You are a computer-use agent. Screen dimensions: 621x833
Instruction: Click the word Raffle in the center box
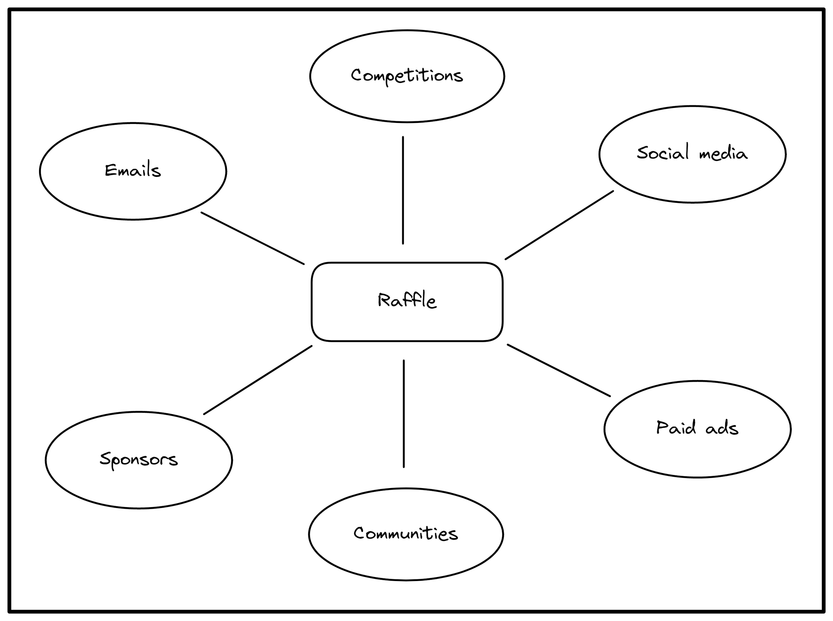[407, 301]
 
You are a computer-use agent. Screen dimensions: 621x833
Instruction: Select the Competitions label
[407, 76]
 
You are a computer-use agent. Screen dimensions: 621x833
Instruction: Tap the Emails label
[133, 170]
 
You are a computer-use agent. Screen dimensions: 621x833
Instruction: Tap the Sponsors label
[139, 459]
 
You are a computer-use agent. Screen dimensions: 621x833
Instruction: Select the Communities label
[406, 533]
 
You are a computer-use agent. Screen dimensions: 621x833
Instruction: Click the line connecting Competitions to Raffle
[403, 190]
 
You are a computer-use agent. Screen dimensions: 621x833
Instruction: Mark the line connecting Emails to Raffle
[253, 238]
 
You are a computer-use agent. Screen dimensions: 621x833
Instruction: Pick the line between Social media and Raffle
[559, 225]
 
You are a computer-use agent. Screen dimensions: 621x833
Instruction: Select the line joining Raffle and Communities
[404, 413]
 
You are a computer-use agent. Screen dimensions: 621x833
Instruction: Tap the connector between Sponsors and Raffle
[258, 380]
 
